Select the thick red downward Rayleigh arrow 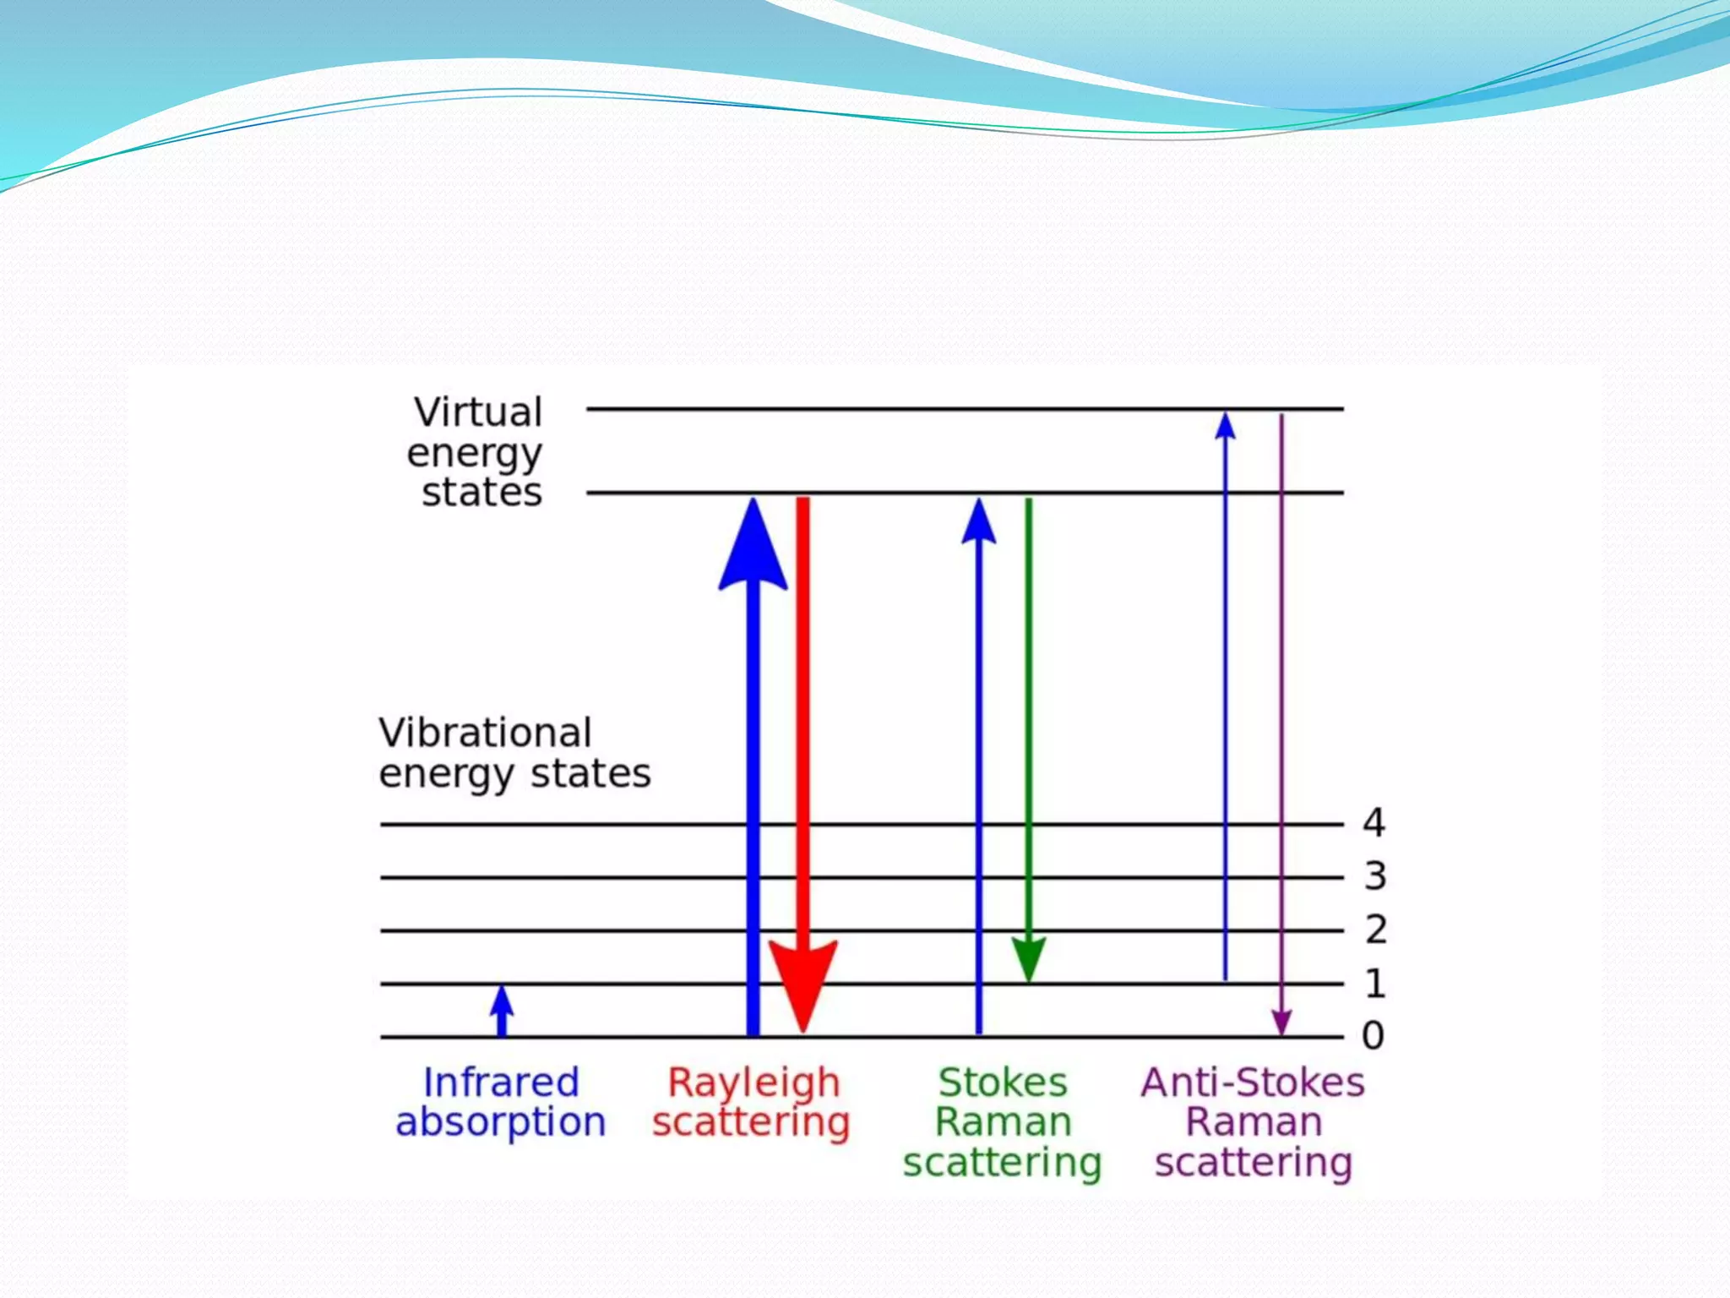tap(802, 718)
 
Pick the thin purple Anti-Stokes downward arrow tap(1281, 718)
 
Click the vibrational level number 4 tap(1374, 822)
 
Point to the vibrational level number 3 tap(1375, 876)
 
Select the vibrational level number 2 tap(1376, 930)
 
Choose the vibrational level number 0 tap(1374, 1035)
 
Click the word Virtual tap(478, 412)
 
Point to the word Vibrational tap(485, 733)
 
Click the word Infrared tap(501, 1083)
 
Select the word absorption tap(501, 1123)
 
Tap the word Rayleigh tap(753, 1083)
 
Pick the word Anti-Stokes tap(1253, 1083)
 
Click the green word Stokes tap(1003, 1083)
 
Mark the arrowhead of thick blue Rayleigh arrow tap(753, 549)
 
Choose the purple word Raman tap(1254, 1122)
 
